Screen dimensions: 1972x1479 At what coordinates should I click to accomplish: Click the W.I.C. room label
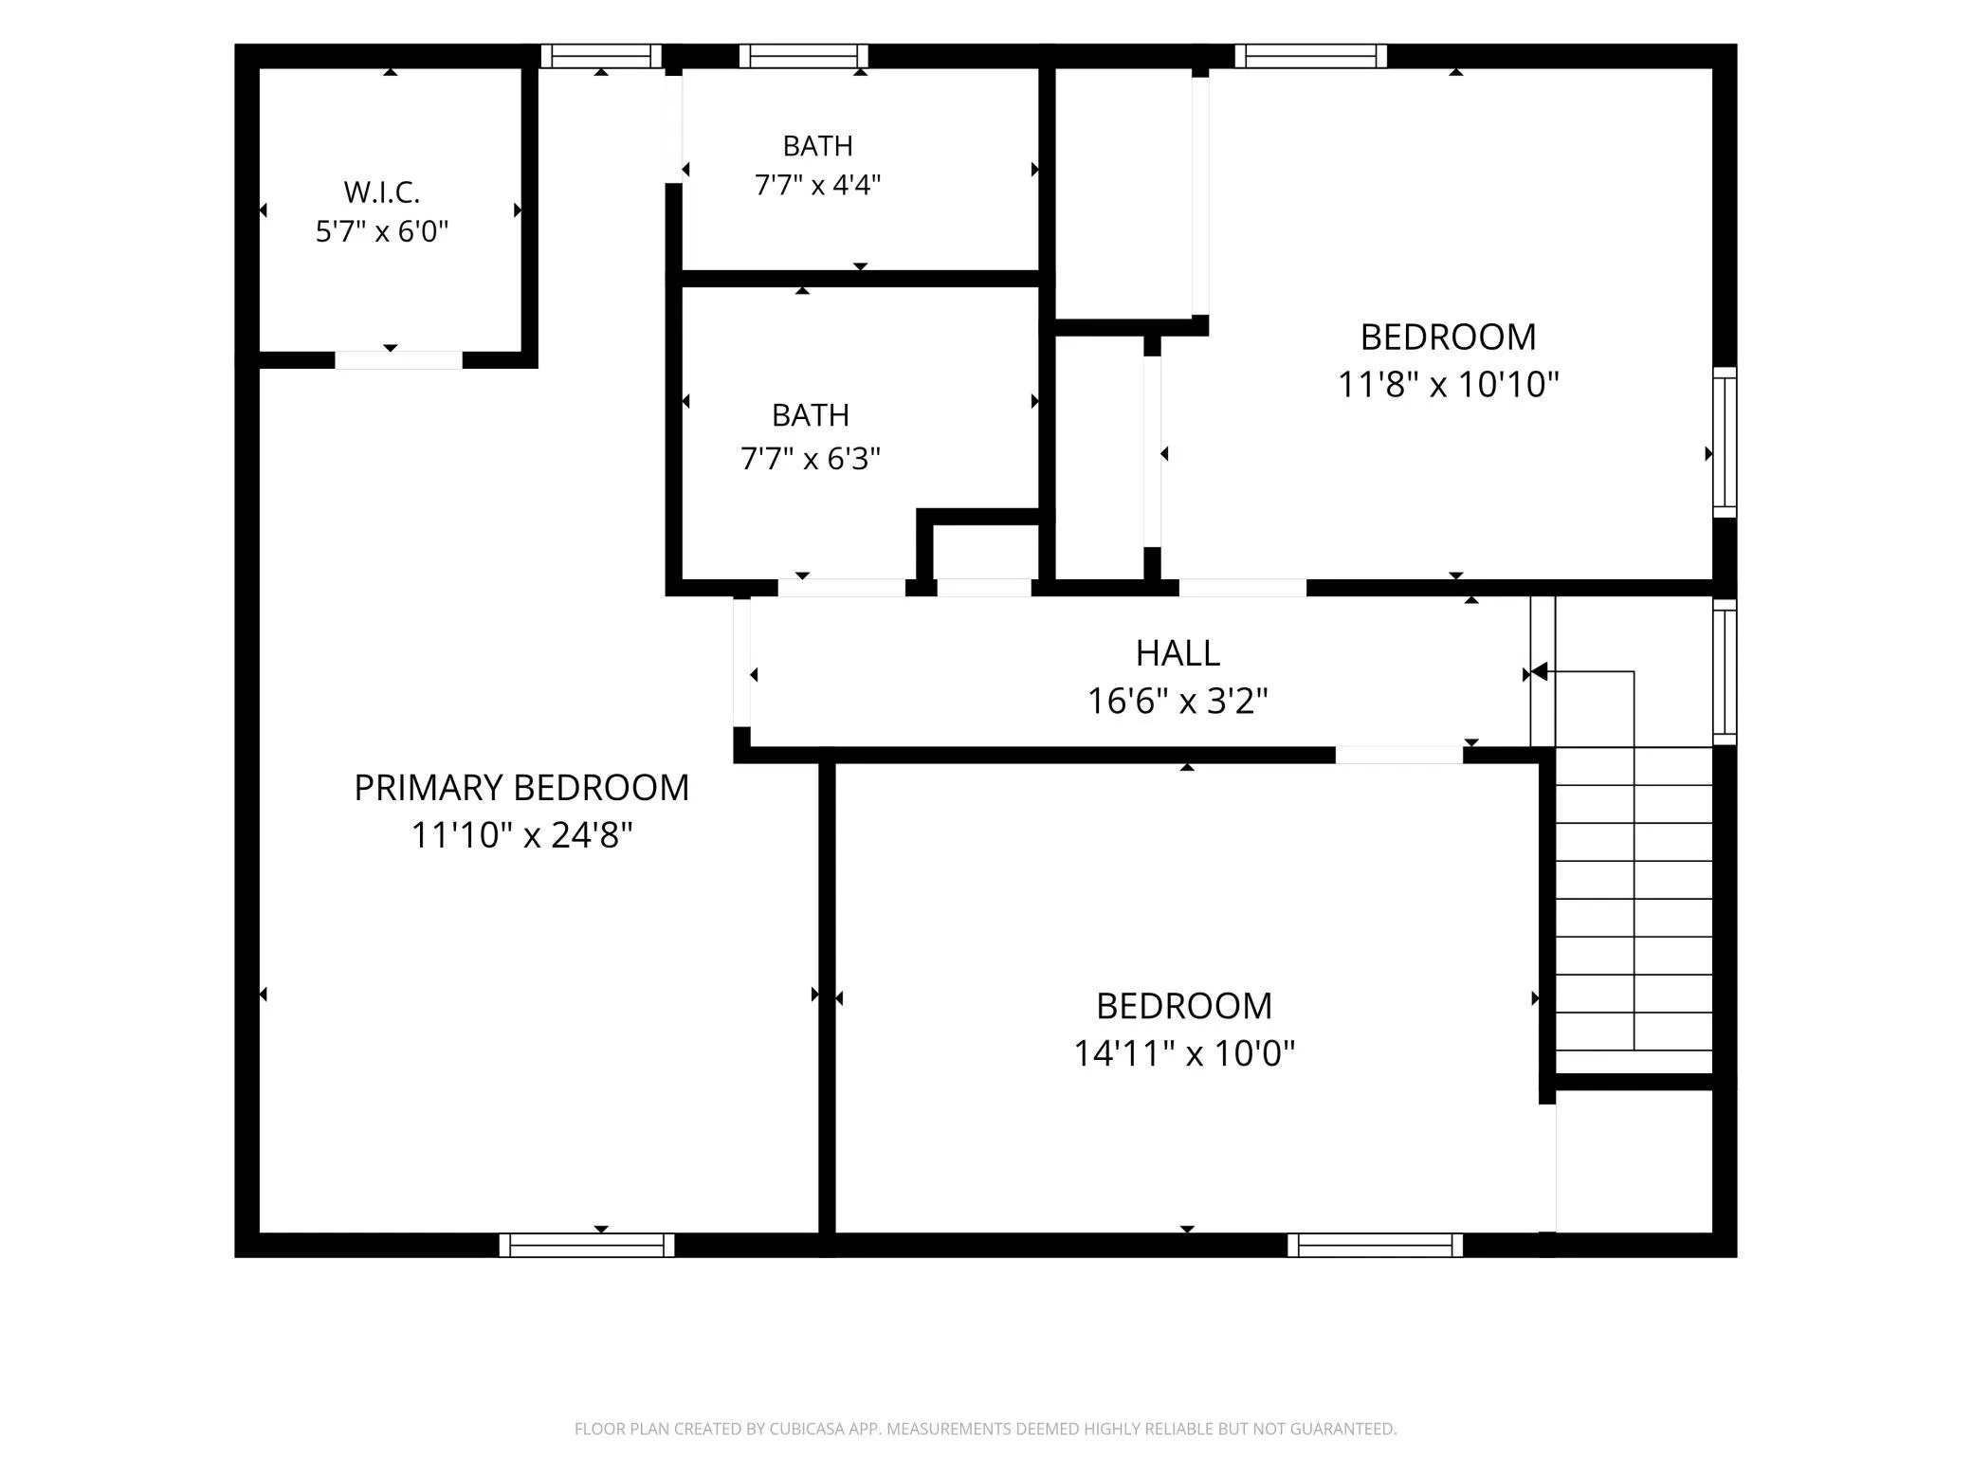381,192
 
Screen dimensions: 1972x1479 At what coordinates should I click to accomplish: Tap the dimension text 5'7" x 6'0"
381,231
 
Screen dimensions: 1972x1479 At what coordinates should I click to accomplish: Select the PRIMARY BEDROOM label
521,788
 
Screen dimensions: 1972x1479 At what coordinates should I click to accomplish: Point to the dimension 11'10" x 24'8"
521,835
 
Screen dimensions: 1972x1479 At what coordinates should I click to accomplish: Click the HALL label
1178,653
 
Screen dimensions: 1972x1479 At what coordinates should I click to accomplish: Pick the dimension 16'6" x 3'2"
1178,702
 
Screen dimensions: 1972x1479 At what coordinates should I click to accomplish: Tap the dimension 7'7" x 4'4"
817,185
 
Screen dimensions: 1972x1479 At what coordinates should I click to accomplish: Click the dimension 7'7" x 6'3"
811,459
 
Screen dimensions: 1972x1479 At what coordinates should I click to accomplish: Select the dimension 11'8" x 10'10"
1448,385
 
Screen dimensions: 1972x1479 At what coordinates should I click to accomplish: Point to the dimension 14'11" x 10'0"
1184,1053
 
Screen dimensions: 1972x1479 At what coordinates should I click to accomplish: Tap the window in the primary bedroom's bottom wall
587,1245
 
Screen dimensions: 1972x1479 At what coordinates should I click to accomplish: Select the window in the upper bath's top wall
803,56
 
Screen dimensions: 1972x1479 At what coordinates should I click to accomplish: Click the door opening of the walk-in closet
398,360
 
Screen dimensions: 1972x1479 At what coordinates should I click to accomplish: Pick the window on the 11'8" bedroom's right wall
1725,443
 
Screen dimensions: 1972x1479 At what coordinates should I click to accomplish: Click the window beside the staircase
1725,671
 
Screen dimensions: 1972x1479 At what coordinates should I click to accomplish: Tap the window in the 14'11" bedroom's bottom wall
1375,1245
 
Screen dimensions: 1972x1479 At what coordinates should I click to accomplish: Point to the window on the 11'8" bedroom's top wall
1310,56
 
